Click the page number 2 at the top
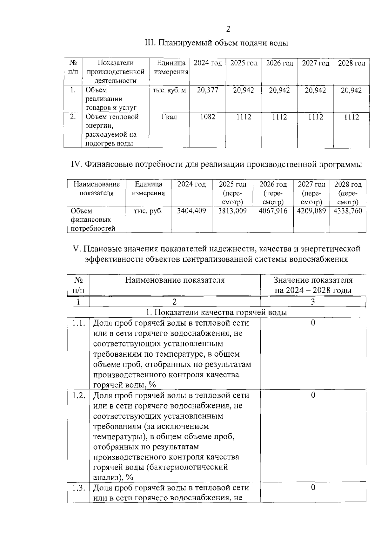pyautogui.click(x=228, y=29)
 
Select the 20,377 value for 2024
pyautogui.click(x=208, y=90)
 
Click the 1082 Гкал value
pyautogui.click(x=208, y=117)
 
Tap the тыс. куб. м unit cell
pyautogui.click(x=169, y=90)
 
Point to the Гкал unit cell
pyautogui.click(x=169, y=117)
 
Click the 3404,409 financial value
pyautogui.click(x=191, y=211)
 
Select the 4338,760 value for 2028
pyautogui.click(x=348, y=211)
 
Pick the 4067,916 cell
pyautogui.click(x=273, y=211)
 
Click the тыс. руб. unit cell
pyautogui.click(x=148, y=211)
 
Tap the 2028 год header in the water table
pyautogui.click(x=351, y=63)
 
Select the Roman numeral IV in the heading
pyautogui.click(x=76, y=165)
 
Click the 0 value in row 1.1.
pyautogui.click(x=313, y=323)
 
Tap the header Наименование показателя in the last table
pyautogui.click(x=175, y=280)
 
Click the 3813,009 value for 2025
pyautogui.click(x=232, y=211)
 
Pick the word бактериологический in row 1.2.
pyautogui.click(x=189, y=467)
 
